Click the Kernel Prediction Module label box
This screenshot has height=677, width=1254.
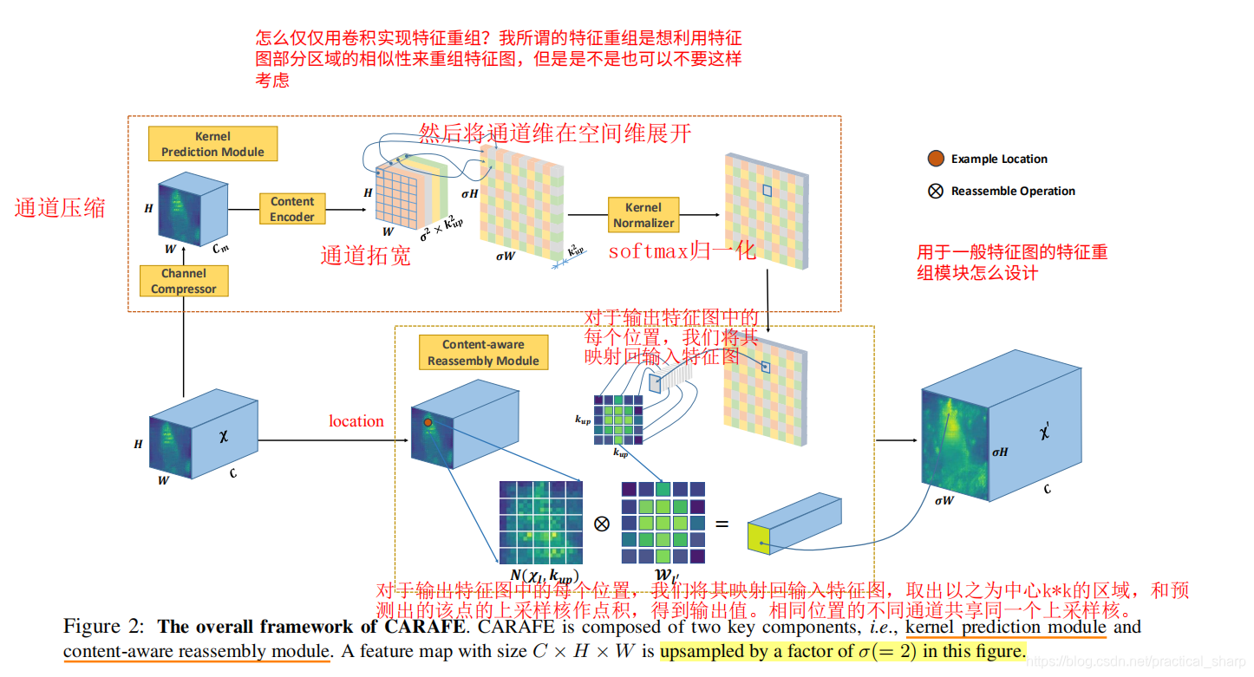(x=212, y=144)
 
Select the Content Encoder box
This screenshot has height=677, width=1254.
(x=292, y=209)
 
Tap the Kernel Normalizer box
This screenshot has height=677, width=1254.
(x=643, y=215)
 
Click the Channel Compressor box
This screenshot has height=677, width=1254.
(x=184, y=281)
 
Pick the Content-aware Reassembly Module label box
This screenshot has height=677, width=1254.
(x=483, y=353)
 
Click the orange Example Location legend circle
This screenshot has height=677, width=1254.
(x=936, y=159)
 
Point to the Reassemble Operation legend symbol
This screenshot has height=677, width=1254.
(x=936, y=192)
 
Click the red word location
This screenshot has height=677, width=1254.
(x=356, y=421)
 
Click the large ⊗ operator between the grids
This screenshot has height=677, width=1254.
(x=602, y=524)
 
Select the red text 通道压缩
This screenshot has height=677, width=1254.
(x=60, y=208)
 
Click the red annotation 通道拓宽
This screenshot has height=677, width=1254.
(x=365, y=256)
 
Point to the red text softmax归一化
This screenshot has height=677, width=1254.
(x=681, y=252)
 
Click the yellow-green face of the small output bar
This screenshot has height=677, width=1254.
(x=760, y=538)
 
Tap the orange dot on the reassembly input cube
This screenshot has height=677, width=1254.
(x=428, y=422)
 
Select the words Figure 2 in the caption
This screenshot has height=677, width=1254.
(x=101, y=627)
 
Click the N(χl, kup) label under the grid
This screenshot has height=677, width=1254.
(x=544, y=576)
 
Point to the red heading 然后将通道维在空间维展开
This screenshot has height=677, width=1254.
(x=555, y=133)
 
